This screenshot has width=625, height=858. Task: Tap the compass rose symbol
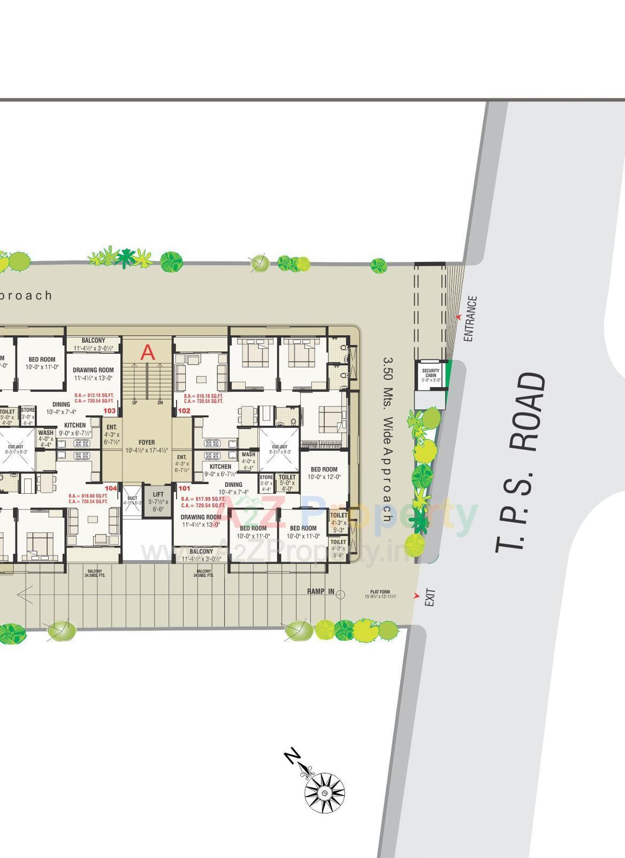[324, 792]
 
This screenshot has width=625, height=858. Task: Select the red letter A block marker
[148, 353]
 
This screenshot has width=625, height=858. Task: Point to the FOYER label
[147, 442]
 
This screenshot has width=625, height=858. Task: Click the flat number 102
[184, 411]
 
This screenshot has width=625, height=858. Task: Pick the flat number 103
[110, 411]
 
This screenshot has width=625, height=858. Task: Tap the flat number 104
[111, 488]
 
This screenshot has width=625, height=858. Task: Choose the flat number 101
[184, 488]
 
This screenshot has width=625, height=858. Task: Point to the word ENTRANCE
[469, 319]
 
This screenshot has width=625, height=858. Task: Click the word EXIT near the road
[430, 598]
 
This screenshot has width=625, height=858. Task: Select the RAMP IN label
[321, 591]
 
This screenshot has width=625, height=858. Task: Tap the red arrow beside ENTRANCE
[458, 317]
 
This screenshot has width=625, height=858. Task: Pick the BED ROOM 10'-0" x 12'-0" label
[324, 473]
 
